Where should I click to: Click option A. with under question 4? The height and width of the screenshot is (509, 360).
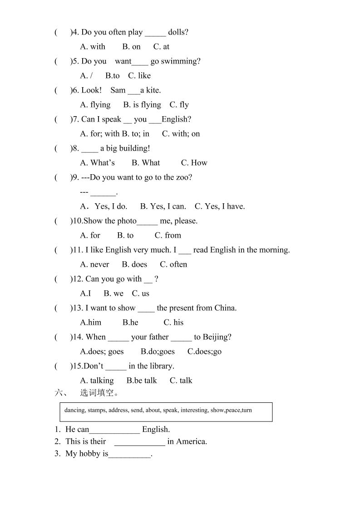[x=93, y=47]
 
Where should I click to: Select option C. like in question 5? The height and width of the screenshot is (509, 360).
[x=139, y=76]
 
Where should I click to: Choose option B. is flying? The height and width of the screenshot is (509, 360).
[x=142, y=105]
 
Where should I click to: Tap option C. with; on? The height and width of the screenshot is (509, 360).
[x=181, y=134]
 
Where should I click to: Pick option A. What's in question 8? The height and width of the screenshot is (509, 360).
[x=97, y=163]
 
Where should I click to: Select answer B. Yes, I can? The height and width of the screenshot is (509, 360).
[x=163, y=206]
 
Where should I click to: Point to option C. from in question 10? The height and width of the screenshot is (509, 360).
[x=168, y=235]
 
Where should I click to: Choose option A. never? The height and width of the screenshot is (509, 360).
[x=94, y=264]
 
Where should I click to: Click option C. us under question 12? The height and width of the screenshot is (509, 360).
[x=140, y=294]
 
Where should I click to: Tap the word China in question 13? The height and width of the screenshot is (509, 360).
[x=225, y=308]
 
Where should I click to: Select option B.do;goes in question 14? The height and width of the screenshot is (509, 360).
[x=158, y=352]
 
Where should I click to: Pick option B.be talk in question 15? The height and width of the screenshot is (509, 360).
[x=142, y=381]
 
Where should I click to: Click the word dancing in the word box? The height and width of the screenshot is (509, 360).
[x=74, y=411]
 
